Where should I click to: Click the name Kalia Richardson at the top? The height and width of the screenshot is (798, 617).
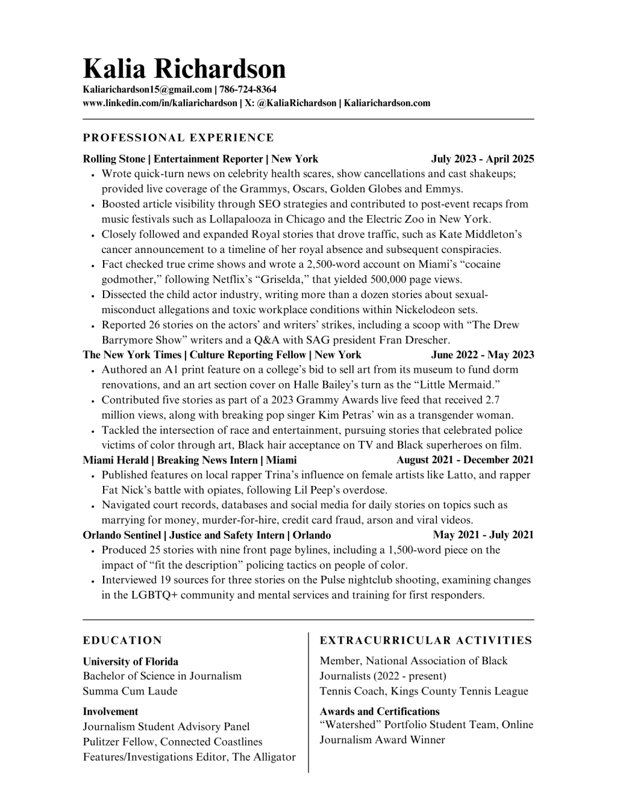pos(184,69)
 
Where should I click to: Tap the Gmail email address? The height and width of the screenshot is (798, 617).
pos(147,90)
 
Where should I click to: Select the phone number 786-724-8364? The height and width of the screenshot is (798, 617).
pos(248,90)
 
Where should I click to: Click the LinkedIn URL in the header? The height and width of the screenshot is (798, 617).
pos(160,103)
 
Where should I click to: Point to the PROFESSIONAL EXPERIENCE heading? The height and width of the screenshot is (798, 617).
pos(178,138)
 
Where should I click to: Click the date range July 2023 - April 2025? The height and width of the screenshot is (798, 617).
pos(482,159)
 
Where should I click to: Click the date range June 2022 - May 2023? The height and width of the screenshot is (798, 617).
pos(482,355)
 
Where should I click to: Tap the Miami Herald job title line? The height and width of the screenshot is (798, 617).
pos(190,460)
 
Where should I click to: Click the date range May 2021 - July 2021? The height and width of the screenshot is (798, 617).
pos(483,535)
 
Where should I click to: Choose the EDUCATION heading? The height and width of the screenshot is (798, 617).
pos(122,640)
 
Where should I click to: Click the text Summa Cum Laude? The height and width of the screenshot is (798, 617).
pos(130,691)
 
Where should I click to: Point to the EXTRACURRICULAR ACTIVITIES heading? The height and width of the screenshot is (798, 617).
pos(426,640)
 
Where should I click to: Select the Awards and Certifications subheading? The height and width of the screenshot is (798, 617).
pos(380,711)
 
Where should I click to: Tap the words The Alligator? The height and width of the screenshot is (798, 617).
pos(264,757)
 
